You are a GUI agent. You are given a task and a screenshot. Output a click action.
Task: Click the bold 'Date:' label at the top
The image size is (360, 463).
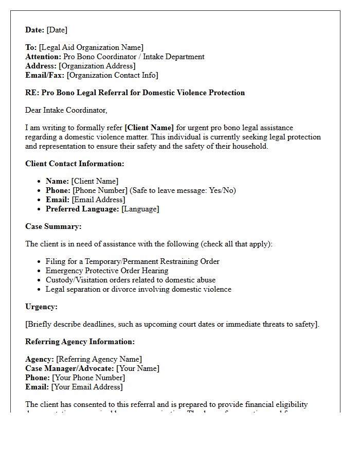coord(35,30)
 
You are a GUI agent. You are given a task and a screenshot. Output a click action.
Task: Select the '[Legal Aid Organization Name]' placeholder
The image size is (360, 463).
coord(91,47)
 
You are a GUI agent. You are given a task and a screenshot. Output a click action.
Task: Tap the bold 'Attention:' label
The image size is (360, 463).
coord(43,57)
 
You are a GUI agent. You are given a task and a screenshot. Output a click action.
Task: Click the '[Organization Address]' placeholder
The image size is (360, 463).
coord(97,66)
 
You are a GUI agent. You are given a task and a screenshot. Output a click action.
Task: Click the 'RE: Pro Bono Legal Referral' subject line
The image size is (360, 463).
coord(135,93)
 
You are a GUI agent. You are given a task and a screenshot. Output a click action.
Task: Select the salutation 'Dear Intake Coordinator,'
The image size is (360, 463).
coord(66,110)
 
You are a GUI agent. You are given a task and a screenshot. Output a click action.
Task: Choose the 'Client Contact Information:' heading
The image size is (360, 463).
coord(75,164)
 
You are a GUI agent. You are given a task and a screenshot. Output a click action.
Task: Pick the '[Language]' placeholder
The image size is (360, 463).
coord(140,209)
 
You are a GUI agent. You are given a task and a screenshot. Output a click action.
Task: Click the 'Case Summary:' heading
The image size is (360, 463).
coord(53,226)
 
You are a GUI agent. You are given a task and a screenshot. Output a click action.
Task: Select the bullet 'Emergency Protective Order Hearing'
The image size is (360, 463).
coord(107,271)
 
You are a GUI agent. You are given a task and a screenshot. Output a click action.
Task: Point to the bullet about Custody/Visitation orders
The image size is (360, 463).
coord(131,280)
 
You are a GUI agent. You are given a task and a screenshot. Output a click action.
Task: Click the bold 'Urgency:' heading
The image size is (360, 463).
coord(41,307)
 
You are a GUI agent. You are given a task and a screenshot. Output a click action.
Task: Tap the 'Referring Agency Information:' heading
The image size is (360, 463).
coord(80,342)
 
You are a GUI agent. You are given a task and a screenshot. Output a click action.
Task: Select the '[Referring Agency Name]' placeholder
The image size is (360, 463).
coord(99,359)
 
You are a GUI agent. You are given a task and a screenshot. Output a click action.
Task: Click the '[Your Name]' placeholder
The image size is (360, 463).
coord(137,368)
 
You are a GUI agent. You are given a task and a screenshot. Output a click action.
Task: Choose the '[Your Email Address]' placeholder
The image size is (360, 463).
coord(87,387)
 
